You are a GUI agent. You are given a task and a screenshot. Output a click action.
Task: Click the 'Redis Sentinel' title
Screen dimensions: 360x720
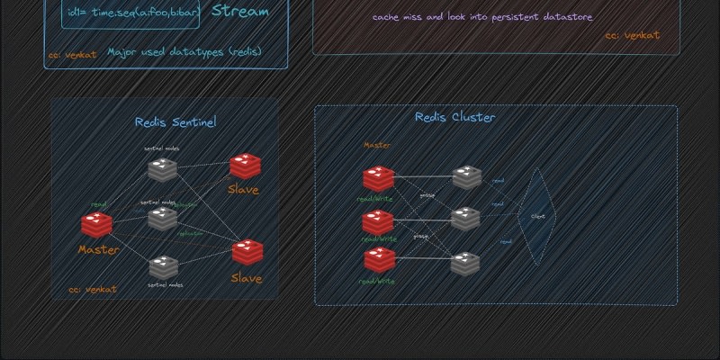[175, 122]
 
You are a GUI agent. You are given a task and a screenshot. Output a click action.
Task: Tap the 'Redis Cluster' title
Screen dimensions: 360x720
[454, 117]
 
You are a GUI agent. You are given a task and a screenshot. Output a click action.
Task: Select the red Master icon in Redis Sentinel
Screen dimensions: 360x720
[96, 225]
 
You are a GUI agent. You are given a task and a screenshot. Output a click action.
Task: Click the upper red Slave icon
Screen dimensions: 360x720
[245, 166]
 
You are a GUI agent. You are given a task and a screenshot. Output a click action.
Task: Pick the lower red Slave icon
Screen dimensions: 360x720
[247, 253]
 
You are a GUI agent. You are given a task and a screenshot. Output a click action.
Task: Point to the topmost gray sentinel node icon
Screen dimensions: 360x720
[163, 168]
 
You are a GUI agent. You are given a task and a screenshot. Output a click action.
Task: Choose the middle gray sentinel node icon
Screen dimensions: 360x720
[163, 217]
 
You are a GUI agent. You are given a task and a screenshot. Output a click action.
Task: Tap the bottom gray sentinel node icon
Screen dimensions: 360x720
[163, 266]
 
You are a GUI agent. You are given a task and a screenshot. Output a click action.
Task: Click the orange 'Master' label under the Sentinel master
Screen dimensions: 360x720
[98, 249]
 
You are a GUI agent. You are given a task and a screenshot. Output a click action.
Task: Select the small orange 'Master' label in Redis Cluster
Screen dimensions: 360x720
[377, 145]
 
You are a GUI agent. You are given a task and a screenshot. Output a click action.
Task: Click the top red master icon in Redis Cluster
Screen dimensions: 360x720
[378, 178]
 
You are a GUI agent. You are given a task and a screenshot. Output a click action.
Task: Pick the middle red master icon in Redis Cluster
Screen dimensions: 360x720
[378, 220]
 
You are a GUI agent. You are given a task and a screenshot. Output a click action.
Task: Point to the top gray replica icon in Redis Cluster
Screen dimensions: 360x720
[466, 176]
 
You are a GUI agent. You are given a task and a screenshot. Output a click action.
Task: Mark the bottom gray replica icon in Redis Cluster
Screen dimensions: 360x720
[465, 264]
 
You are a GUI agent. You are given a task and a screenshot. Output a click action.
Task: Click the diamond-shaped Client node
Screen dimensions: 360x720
[537, 216]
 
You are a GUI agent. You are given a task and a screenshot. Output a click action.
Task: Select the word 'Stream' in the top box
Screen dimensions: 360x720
[240, 12]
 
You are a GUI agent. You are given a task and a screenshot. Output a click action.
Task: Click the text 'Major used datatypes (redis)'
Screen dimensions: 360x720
[184, 52]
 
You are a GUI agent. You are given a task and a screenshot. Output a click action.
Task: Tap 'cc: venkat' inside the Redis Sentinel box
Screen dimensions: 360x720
[94, 290]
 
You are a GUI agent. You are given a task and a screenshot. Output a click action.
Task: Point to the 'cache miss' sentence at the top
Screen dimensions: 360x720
[482, 17]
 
